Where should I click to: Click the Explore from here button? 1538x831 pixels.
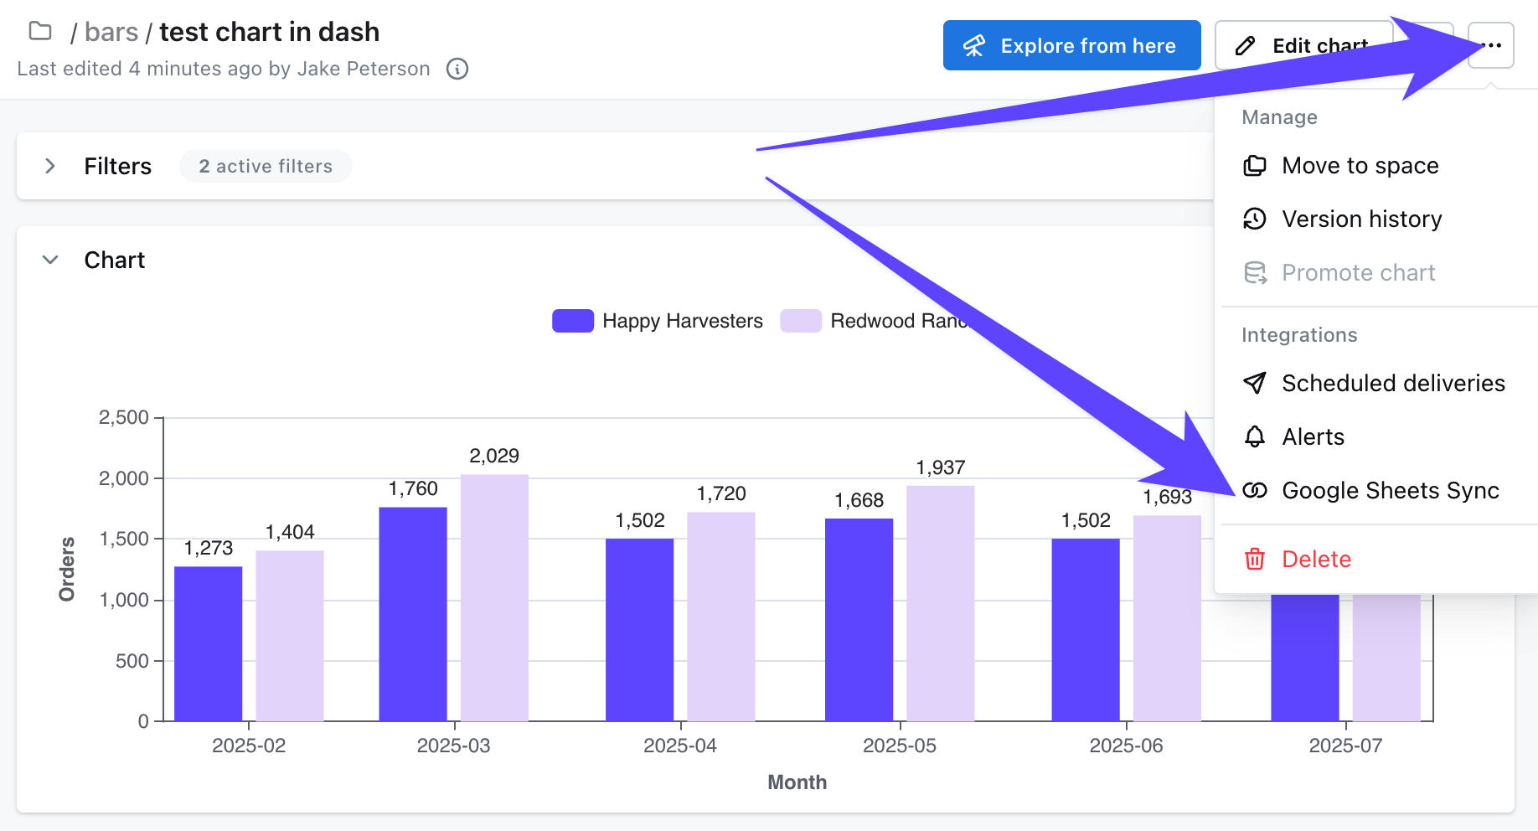[1071, 45]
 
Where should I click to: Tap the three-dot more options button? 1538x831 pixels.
[1491, 45]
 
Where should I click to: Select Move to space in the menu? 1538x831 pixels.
[1360, 166]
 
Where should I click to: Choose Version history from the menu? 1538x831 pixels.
[1361, 219]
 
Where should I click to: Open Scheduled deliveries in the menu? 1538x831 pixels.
[1392, 384]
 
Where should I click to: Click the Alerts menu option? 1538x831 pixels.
[1313, 437]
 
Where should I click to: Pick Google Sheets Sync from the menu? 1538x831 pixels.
[1390, 491]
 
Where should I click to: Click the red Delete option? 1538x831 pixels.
[1315, 560]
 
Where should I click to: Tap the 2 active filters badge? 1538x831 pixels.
[266, 167]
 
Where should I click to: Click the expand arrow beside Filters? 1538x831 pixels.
[50, 166]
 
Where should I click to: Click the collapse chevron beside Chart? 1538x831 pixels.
[50, 260]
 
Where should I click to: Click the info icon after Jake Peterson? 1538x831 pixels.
[457, 69]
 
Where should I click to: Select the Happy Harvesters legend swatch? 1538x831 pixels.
[573, 321]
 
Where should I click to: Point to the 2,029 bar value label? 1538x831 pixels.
[494, 456]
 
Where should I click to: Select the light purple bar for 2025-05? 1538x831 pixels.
[940, 603]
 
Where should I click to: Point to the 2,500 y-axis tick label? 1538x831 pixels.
[124, 417]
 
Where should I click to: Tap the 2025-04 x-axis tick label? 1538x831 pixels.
[680, 746]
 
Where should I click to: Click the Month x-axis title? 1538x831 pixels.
[797, 782]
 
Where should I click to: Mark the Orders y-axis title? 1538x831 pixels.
[67, 569]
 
